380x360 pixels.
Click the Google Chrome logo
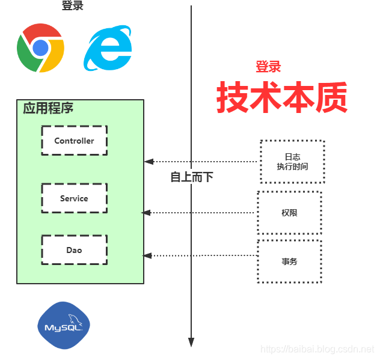[x=40, y=47]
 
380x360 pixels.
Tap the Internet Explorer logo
[x=108, y=47]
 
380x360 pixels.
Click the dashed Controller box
[x=74, y=141]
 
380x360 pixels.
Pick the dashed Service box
[x=74, y=198]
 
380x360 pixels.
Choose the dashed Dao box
[x=74, y=250]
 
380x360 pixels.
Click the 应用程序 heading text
[x=48, y=109]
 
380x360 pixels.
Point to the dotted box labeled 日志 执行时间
[x=292, y=162]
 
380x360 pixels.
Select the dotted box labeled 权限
[x=289, y=213]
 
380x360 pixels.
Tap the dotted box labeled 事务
[x=289, y=261]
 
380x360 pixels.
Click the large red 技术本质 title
[x=282, y=97]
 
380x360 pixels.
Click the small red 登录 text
[x=268, y=67]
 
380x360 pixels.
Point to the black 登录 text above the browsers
[x=73, y=6]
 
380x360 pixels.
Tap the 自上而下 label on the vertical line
[x=191, y=177]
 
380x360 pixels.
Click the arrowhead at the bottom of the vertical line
[x=191, y=342]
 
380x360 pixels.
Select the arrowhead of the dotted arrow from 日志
[x=149, y=162]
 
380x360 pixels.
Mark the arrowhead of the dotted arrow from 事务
[x=147, y=256]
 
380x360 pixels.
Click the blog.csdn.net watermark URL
[x=319, y=349]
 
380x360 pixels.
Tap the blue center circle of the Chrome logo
[x=40, y=47]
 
